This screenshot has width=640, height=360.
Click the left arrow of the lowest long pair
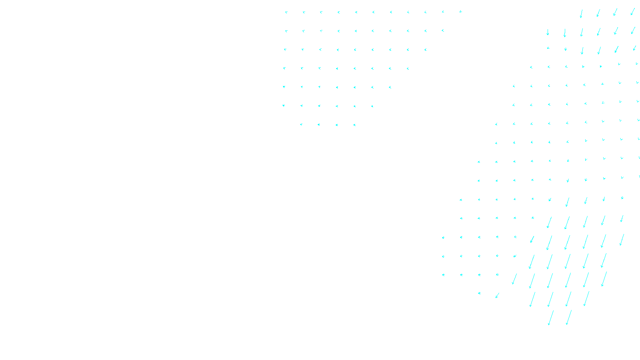[551, 318]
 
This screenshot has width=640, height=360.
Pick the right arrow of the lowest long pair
[568, 317]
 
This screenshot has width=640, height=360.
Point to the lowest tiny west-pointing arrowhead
[479, 293]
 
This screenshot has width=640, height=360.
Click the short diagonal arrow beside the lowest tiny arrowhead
[497, 296]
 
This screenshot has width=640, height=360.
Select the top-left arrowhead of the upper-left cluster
[286, 12]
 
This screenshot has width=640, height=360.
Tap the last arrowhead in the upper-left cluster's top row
[460, 12]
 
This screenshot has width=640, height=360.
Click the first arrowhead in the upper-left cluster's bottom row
[301, 124]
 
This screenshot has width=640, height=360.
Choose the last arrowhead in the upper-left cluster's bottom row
[354, 125]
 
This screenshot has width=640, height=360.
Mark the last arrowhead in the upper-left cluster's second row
[443, 30]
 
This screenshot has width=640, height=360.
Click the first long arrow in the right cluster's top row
[581, 14]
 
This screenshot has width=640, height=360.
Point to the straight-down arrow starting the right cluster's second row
[548, 32]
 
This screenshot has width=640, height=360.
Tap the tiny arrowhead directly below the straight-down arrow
[548, 48]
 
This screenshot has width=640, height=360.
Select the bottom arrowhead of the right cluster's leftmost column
[443, 275]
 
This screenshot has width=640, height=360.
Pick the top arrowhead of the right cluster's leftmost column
[443, 238]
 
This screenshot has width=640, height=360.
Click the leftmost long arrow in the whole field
[514, 279]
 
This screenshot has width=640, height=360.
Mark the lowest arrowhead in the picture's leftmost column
[284, 106]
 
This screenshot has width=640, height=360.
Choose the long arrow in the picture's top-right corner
[632, 12]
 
